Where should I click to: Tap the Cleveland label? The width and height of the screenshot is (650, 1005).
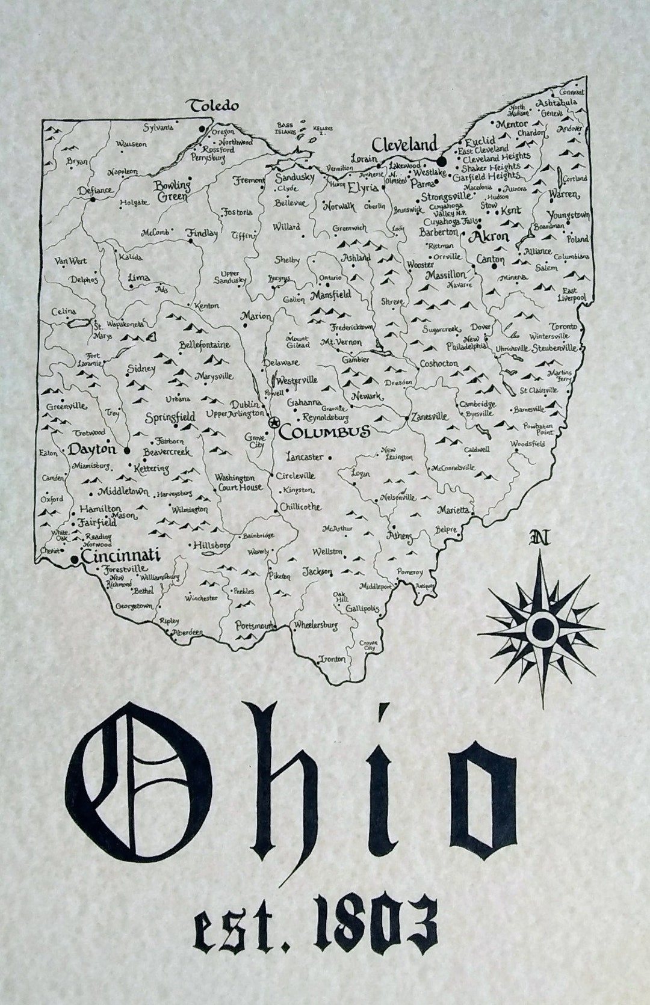(x=404, y=145)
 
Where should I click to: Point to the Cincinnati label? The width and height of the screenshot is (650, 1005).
(x=120, y=556)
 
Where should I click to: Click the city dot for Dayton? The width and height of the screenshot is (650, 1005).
(x=127, y=449)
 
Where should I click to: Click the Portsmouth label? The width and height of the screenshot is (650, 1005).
(x=255, y=625)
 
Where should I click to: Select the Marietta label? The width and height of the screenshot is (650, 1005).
(x=453, y=510)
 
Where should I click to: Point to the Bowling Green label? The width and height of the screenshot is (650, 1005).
(x=171, y=191)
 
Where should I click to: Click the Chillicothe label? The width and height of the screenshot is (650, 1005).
(x=300, y=507)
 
